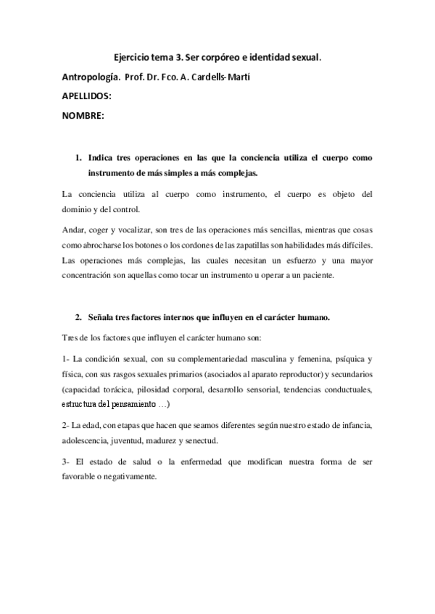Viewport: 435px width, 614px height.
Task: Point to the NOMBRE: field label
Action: pyautogui.click(x=82, y=116)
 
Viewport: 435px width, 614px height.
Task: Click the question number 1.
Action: pyautogui.click(x=78, y=157)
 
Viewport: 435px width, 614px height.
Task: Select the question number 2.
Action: pyautogui.click(x=78, y=317)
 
